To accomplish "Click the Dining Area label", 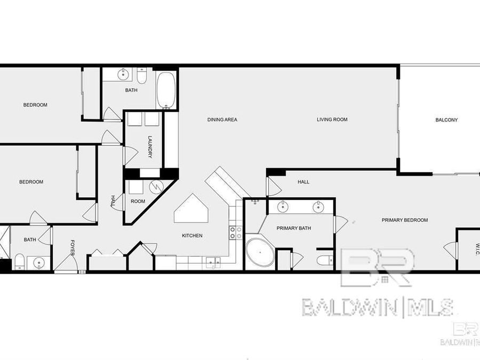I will (x=222, y=119).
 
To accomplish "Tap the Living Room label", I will (x=332, y=119).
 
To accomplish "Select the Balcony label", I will (x=446, y=120).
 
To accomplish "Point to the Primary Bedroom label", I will (x=404, y=220).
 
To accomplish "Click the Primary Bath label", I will (x=293, y=228).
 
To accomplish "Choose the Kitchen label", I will (x=192, y=236).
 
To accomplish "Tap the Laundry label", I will (x=150, y=147).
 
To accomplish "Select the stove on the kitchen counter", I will (x=235, y=233).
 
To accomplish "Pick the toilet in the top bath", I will (x=142, y=74).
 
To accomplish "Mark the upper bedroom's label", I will (x=35, y=105).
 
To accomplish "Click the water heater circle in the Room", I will (x=156, y=187).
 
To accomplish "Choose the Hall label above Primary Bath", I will (x=303, y=182).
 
